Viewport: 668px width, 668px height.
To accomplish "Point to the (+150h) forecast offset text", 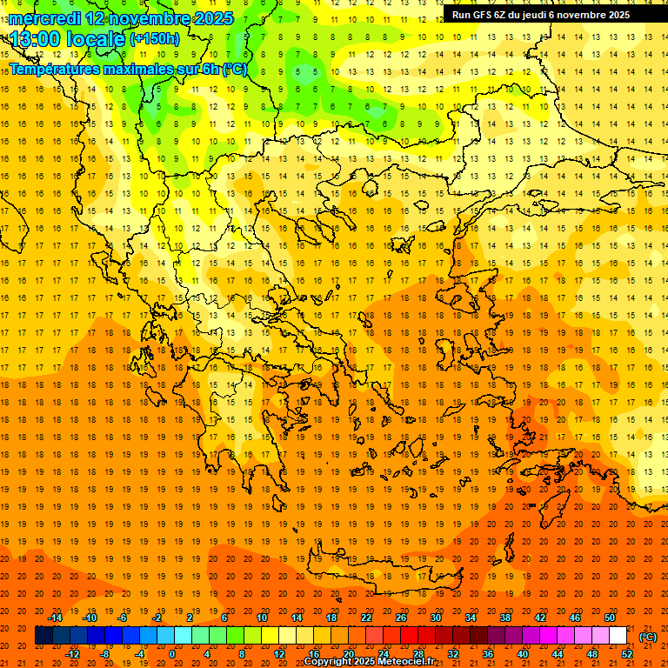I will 155,38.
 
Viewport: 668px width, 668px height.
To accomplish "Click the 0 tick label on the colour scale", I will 171,653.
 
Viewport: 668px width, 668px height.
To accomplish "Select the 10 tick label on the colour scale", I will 261,618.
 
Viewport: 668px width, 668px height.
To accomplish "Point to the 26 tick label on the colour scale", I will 401,618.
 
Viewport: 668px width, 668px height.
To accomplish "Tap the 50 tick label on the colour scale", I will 610,618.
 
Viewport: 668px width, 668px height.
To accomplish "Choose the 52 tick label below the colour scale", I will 627,653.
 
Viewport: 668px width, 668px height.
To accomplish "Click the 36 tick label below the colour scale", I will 488,653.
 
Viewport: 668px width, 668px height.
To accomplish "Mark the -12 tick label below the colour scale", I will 72,653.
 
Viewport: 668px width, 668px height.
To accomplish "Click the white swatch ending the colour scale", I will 618,636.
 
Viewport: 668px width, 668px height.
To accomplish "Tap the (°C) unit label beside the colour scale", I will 648,637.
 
